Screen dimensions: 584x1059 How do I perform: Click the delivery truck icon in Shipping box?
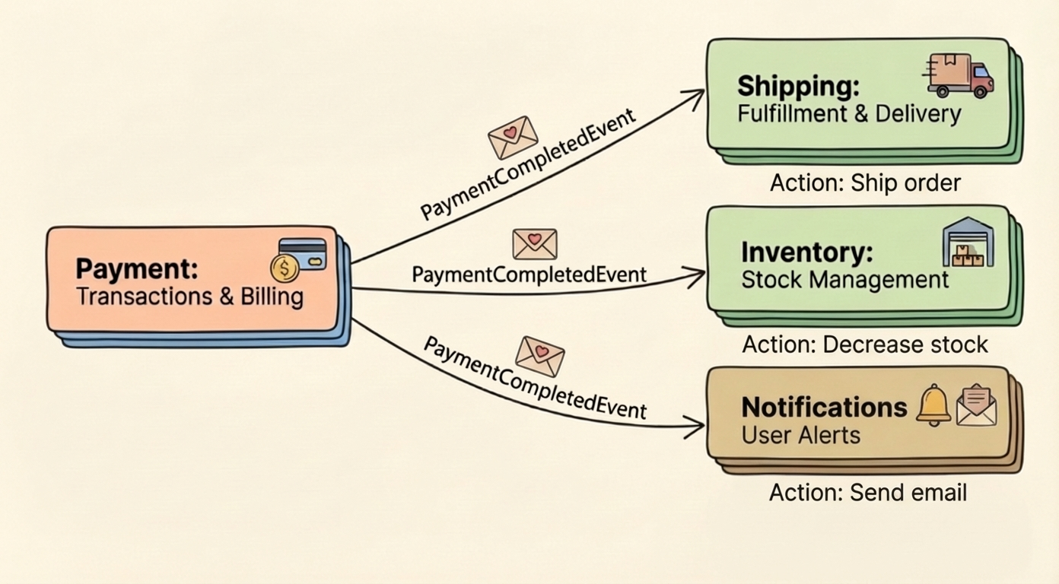tap(960, 76)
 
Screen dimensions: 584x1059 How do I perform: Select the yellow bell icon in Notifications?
tap(933, 405)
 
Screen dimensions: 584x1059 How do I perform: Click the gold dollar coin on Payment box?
tap(285, 268)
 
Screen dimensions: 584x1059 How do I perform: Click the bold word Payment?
tap(137, 269)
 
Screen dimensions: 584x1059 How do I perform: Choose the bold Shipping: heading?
tap(798, 86)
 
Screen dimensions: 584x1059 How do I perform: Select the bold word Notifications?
tap(824, 408)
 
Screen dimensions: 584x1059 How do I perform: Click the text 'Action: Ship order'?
tap(865, 183)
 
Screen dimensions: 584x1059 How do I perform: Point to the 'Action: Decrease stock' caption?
tap(865, 344)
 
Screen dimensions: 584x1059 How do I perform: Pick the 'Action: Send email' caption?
tap(867, 493)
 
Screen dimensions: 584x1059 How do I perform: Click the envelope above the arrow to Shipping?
tap(513, 137)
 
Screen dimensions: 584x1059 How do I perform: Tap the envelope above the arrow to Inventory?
tap(535, 244)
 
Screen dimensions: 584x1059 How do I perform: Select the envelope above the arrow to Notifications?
tap(540, 356)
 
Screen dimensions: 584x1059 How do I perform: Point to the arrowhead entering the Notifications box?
tap(696, 427)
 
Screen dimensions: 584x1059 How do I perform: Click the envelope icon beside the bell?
tap(976, 405)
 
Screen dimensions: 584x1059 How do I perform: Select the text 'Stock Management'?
tap(845, 280)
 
